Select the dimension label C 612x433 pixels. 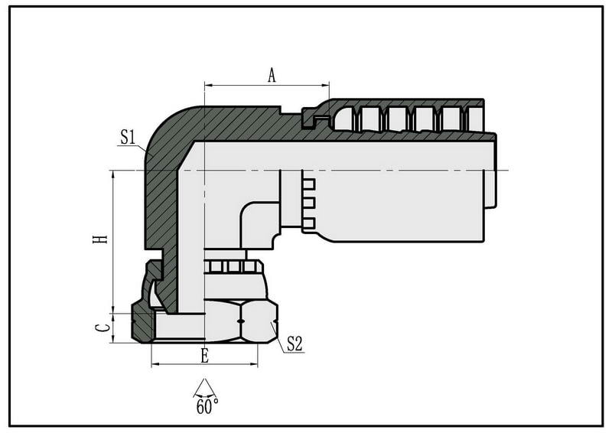pyautogui.click(x=103, y=328)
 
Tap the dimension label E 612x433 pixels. pyautogui.click(x=204, y=356)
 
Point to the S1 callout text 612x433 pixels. pyautogui.click(x=127, y=137)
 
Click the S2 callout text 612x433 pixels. pyautogui.click(x=295, y=343)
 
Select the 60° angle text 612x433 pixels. pyautogui.click(x=207, y=406)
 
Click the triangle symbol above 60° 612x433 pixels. pyautogui.click(x=204, y=387)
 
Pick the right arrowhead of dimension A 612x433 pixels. pyautogui.click(x=325, y=85)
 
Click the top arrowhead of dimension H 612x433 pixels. pyautogui.click(x=113, y=175)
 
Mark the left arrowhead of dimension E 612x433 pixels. pyautogui.click(x=156, y=365)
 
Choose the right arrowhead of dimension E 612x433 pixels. pyautogui.click(x=253, y=365)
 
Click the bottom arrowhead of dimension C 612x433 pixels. pyautogui.click(x=113, y=338)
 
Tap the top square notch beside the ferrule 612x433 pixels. pyautogui.click(x=309, y=184)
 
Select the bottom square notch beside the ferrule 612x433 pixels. pyautogui.click(x=309, y=223)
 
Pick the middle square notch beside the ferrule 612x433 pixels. pyautogui.click(x=309, y=203)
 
